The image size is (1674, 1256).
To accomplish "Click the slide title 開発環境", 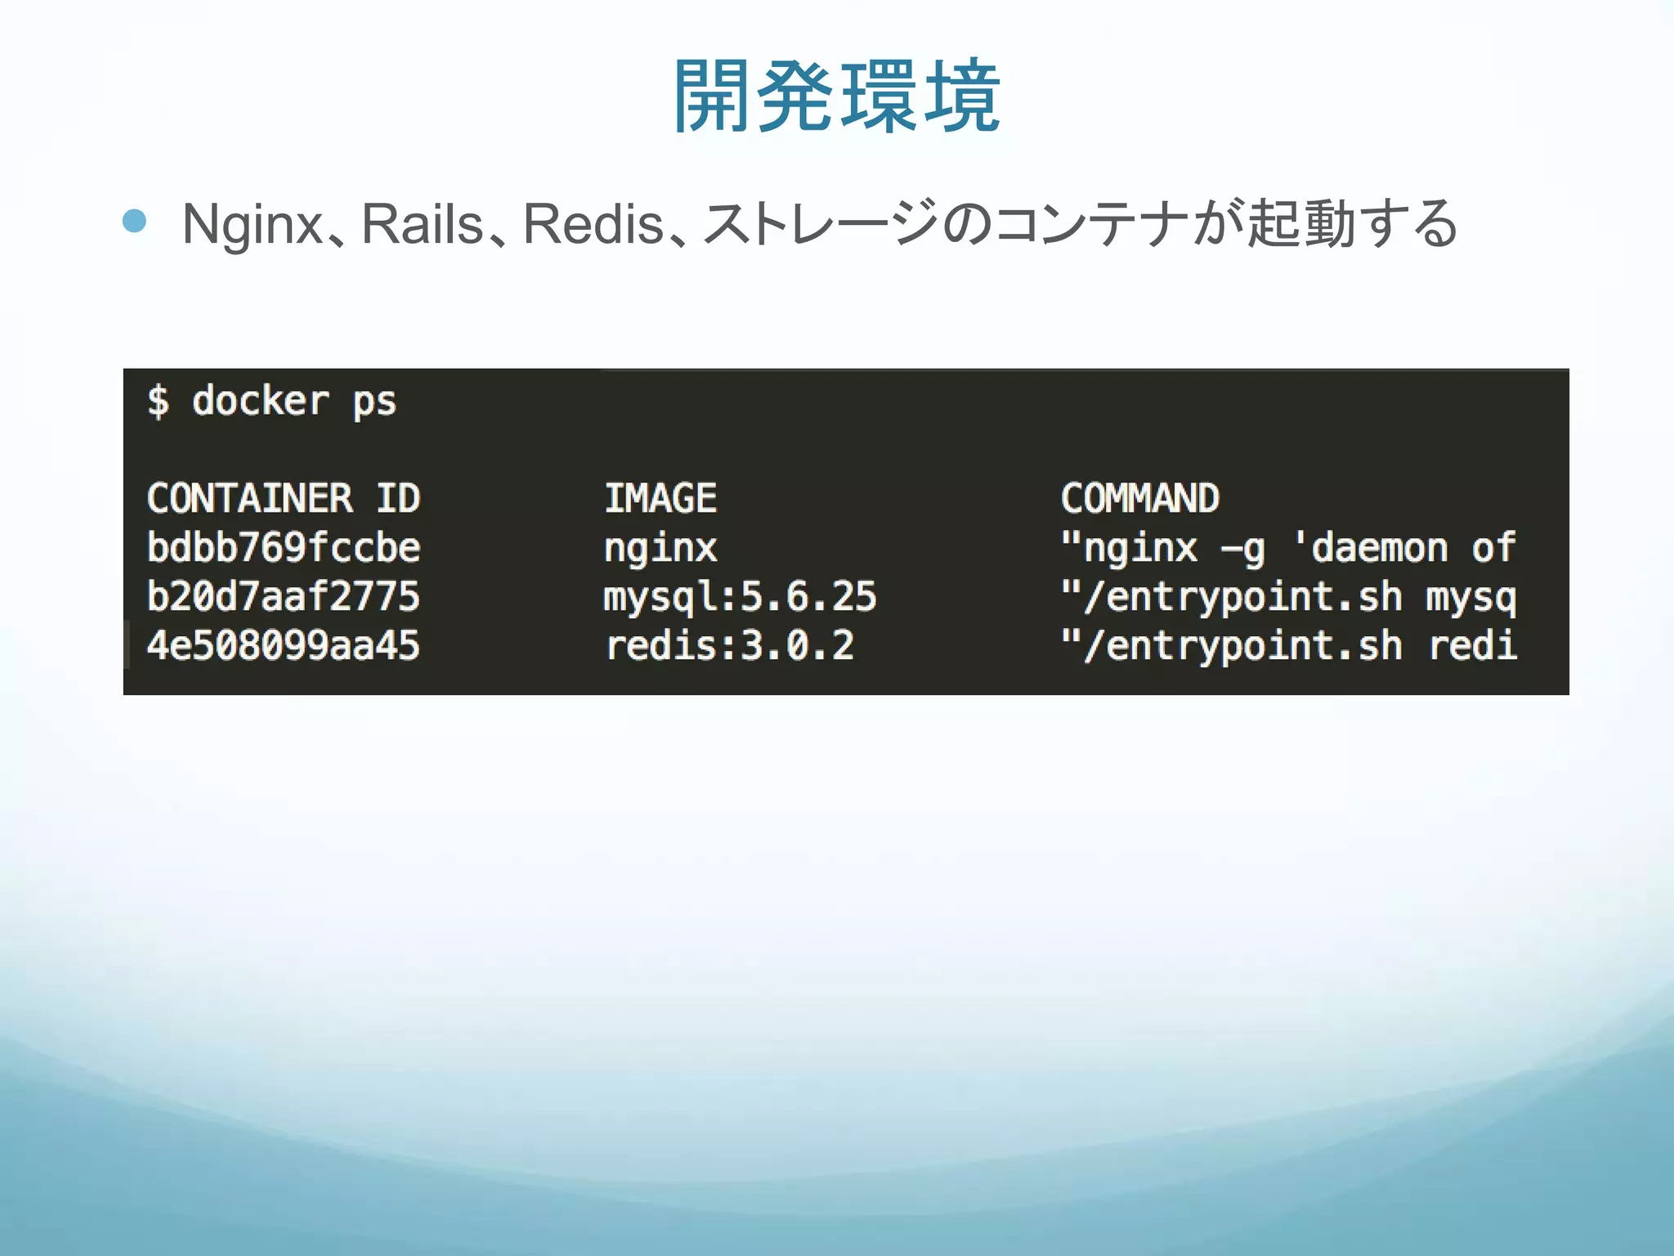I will pyautogui.click(x=836, y=96).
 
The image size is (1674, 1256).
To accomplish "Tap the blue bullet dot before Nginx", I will pyautogui.click(x=134, y=221).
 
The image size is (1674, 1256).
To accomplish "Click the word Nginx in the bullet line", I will pyautogui.click(x=253, y=224).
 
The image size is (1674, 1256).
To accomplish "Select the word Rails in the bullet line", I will pyautogui.click(x=422, y=224).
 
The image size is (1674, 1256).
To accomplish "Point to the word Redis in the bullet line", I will pyautogui.click(x=593, y=224).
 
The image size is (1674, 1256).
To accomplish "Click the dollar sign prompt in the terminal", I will pyautogui.click(x=158, y=401).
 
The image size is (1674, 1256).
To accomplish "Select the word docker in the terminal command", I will pyautogui.click(x=260, y=401).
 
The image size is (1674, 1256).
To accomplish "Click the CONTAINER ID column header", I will pyautogui.click(x=284, y=499).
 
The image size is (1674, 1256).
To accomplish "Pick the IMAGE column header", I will pyautogui.click(x=660, y=499).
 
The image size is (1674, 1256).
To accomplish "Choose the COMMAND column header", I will pyautogui.click(x=1140, y=499).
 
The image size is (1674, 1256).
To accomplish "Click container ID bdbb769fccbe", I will pyautogui.click(x=284, y=548).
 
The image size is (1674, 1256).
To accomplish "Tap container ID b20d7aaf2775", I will pyautogui.click(x=284, y=597).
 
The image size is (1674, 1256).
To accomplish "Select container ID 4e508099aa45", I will pyautogui.click(x=284, y=646).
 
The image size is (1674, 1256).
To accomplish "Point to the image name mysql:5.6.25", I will pyautogui.click(x=740, y=597).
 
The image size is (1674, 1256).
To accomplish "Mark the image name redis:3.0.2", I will pyautogui.click(x=729, y=646).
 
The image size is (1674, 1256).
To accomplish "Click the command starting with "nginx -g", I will pyautogui.click(x=1288, y=548).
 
